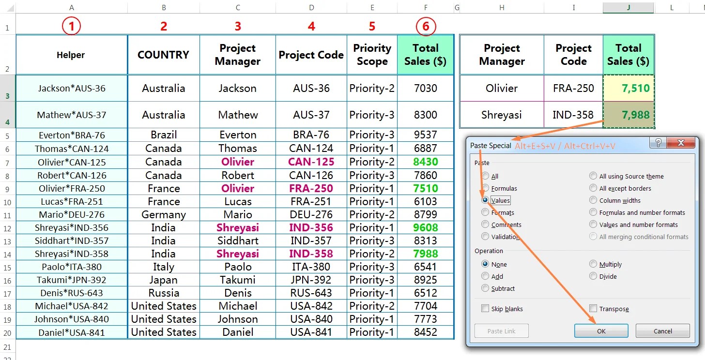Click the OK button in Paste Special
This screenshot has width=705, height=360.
click(601, 331)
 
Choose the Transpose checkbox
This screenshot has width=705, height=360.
click(594, 309)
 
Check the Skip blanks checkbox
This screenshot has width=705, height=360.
click(485, 309)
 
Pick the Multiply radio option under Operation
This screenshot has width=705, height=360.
click(594, 264)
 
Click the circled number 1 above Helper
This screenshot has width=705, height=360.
click(72, 27)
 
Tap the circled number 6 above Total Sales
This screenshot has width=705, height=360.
click(426, 27)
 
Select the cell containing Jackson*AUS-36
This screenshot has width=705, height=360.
click(72, 89)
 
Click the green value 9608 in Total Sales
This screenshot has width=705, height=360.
click(426, 227)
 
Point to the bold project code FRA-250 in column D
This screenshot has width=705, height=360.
click(311, 188)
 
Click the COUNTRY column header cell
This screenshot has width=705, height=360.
click(164, 55)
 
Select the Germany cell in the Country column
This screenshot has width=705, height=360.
click(164, 214)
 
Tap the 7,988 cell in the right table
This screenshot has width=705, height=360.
click(628, 115)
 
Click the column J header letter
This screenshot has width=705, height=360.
click(628, 7)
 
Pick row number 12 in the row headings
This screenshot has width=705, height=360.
click(8, 227)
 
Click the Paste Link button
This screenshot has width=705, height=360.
click(501, 331)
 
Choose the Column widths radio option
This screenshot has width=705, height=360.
click(594, 200)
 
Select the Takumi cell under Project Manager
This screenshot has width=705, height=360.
click(237, 280)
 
